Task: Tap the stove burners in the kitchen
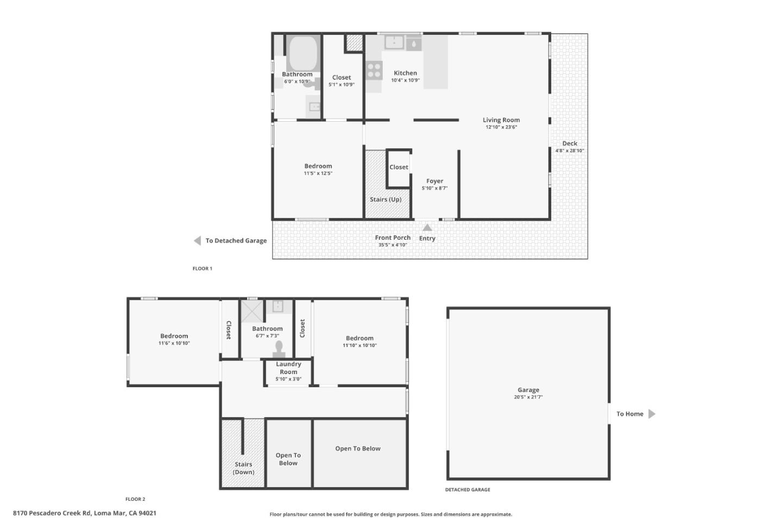pos(374,71)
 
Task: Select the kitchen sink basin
pos(394,42)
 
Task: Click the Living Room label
pos(501,120)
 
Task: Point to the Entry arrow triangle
pos(427,228)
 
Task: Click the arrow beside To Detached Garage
pos(198,241)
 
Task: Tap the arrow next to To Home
pos(652,414)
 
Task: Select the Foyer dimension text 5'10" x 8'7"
pos(434,189)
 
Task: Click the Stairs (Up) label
pos(386,200)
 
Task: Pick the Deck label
pos(570,144)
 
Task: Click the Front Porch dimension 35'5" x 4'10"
pos(393,245)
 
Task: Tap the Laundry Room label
pos(288,368)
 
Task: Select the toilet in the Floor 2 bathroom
pos(279,349)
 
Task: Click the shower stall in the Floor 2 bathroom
pos(252,311)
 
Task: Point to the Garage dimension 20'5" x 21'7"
pos(528,397)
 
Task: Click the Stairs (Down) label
pos(243,468)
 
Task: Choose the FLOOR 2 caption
pos(135,499)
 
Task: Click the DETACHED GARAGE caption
pos(468,490)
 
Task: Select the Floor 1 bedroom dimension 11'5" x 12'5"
pos(318,173)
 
